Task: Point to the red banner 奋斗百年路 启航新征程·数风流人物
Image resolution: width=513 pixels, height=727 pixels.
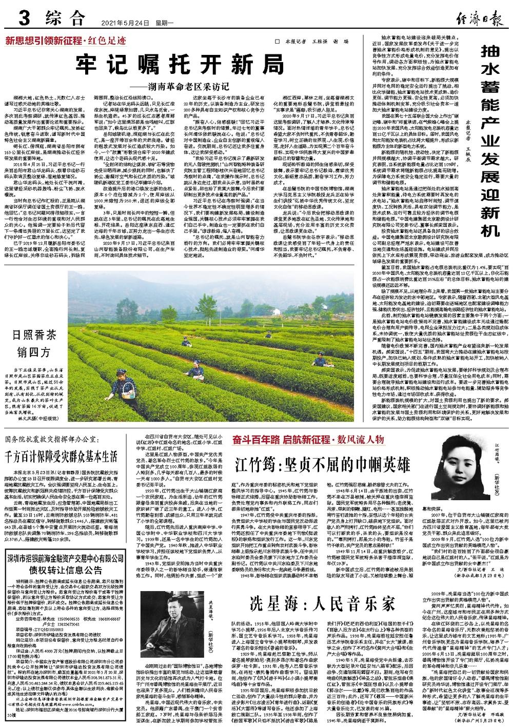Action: coord(308,440)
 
